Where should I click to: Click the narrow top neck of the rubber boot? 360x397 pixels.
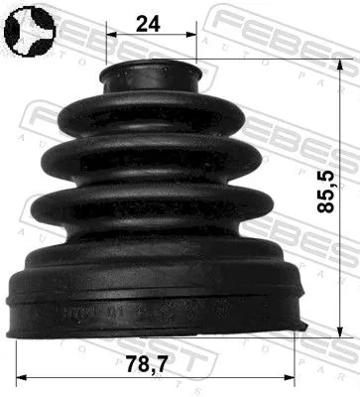pyautogui.click(x=152, y=75)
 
